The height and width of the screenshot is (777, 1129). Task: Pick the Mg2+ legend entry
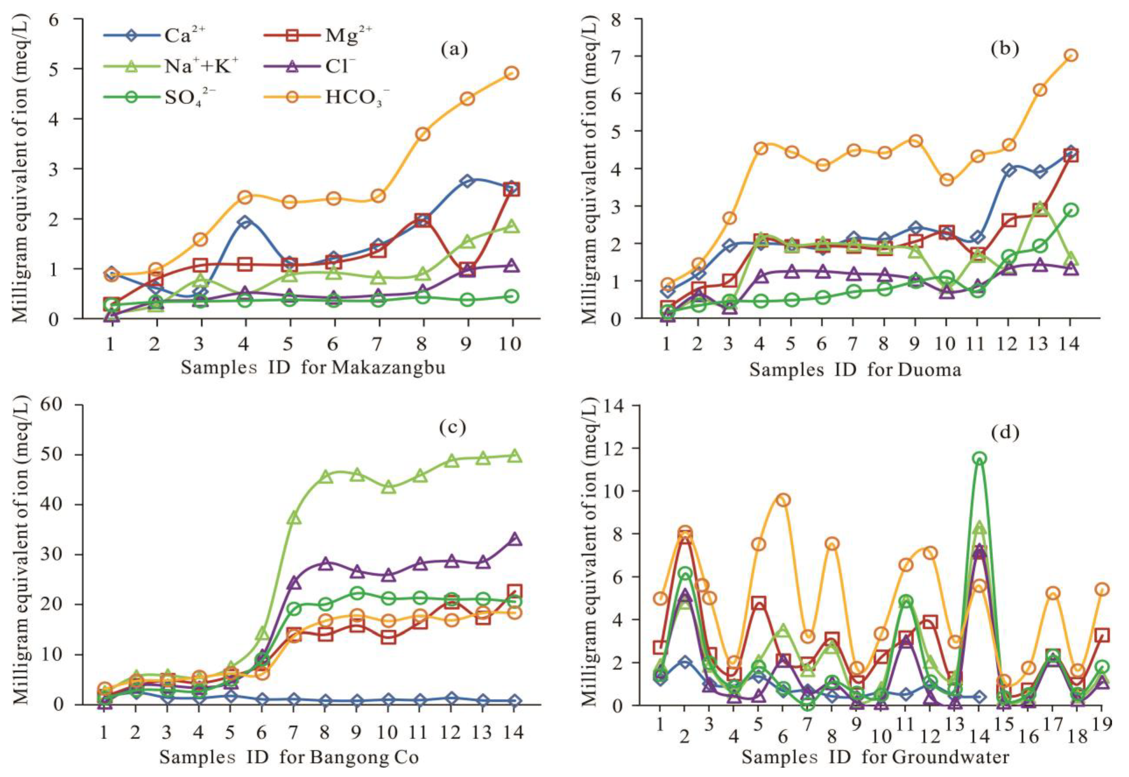pyautogui.click(x=319, y=36)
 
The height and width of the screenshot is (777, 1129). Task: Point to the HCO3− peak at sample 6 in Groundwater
pyautogui.click(x=783, y=500)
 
